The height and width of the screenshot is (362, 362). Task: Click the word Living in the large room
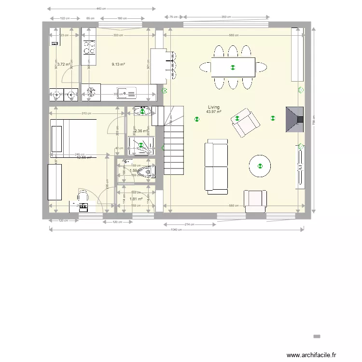tap(213, 107)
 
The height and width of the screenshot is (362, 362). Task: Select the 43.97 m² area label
tap(213, 112)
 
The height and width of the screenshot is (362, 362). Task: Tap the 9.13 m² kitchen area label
tap(118, 64)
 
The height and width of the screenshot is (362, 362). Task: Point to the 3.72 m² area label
tap(63, 64)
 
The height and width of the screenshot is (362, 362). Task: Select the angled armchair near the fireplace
tap(245, 123)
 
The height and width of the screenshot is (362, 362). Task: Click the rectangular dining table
tap(233, 67)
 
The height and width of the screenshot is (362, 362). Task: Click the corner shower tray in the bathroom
tap(141, 146)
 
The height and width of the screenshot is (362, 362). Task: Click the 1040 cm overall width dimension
tap(177, 230)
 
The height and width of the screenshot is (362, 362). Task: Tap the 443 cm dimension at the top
tap(102, 9)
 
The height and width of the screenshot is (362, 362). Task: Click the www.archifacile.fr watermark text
tap(311, 355)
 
